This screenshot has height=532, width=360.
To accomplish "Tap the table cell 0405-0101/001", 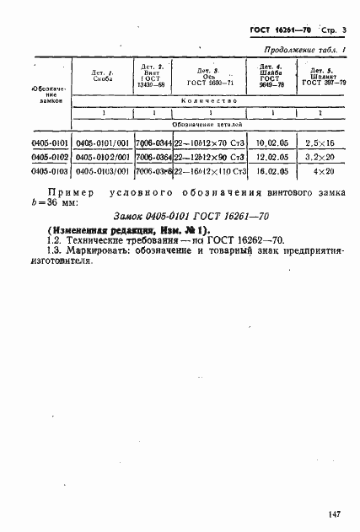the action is click(101, 144).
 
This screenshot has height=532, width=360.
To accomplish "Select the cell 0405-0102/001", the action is click(101, 157).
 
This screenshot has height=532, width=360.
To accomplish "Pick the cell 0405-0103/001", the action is click(101, 170).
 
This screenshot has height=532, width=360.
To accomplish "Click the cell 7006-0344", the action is click(153, 144).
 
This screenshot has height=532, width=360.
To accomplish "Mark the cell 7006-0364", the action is click(153, 157).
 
